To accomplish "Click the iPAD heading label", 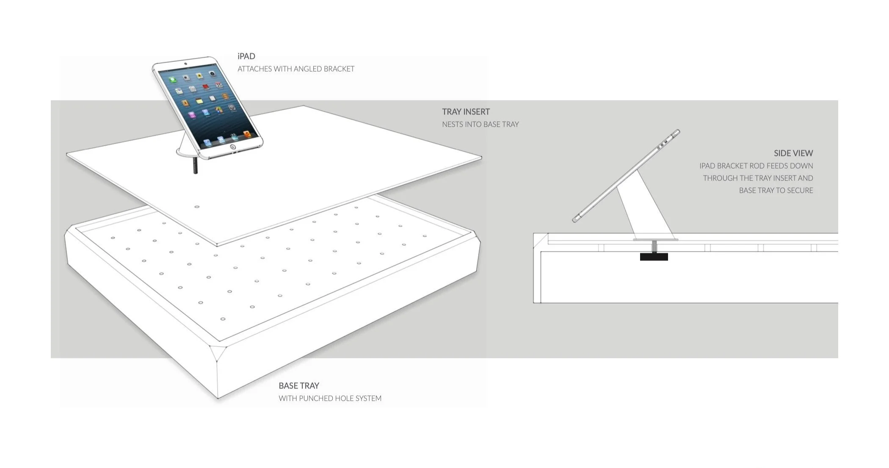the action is click(x=246, y=56).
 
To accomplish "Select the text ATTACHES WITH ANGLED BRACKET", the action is click(x=295, y=69).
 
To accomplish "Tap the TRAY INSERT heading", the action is click(x=466, y=112).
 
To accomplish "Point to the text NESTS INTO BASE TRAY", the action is click(x=480, y=125).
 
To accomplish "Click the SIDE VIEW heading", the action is click(x=793, y=153).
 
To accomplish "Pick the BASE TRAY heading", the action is click(x=298, y=386).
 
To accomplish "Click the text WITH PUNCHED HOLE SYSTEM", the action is click(x=330, y=399).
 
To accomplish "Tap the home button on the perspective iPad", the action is click(x=232, y=147).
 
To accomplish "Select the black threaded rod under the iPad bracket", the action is click(x=195, y=165).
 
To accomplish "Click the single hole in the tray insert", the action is click(x=196, y=207).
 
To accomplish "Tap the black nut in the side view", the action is click(x=654, y=257).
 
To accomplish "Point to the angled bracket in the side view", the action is click(x=643, y=212).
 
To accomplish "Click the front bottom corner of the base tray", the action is click(x=218, y=397).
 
